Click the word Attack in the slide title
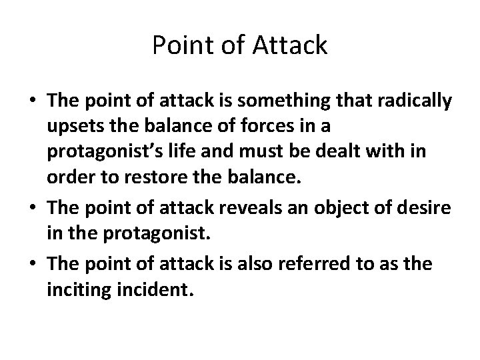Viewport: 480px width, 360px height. pos(291,46)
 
